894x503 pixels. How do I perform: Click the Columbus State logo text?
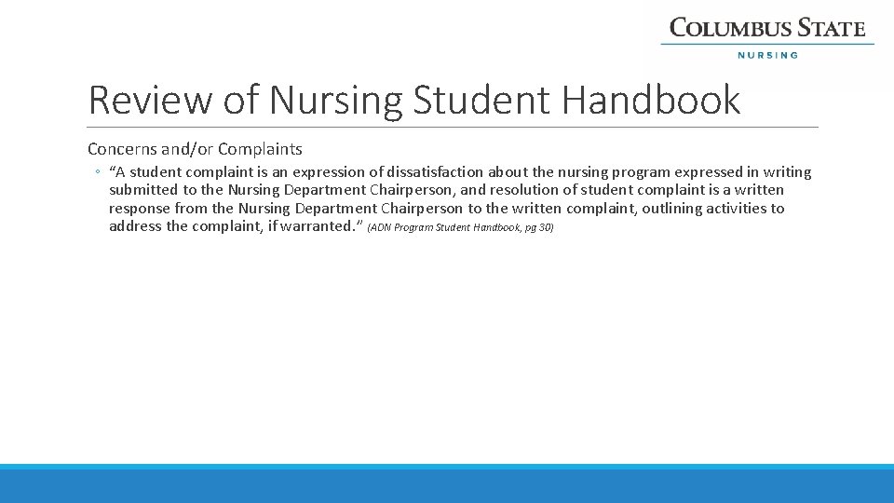(x=767, y=28)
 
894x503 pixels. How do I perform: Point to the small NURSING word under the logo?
(x=767, y=55)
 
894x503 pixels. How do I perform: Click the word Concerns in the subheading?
(x=119, y=149)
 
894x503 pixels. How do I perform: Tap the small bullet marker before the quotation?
(x=97, y=172)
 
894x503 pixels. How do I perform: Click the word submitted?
(x=144, y=190)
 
